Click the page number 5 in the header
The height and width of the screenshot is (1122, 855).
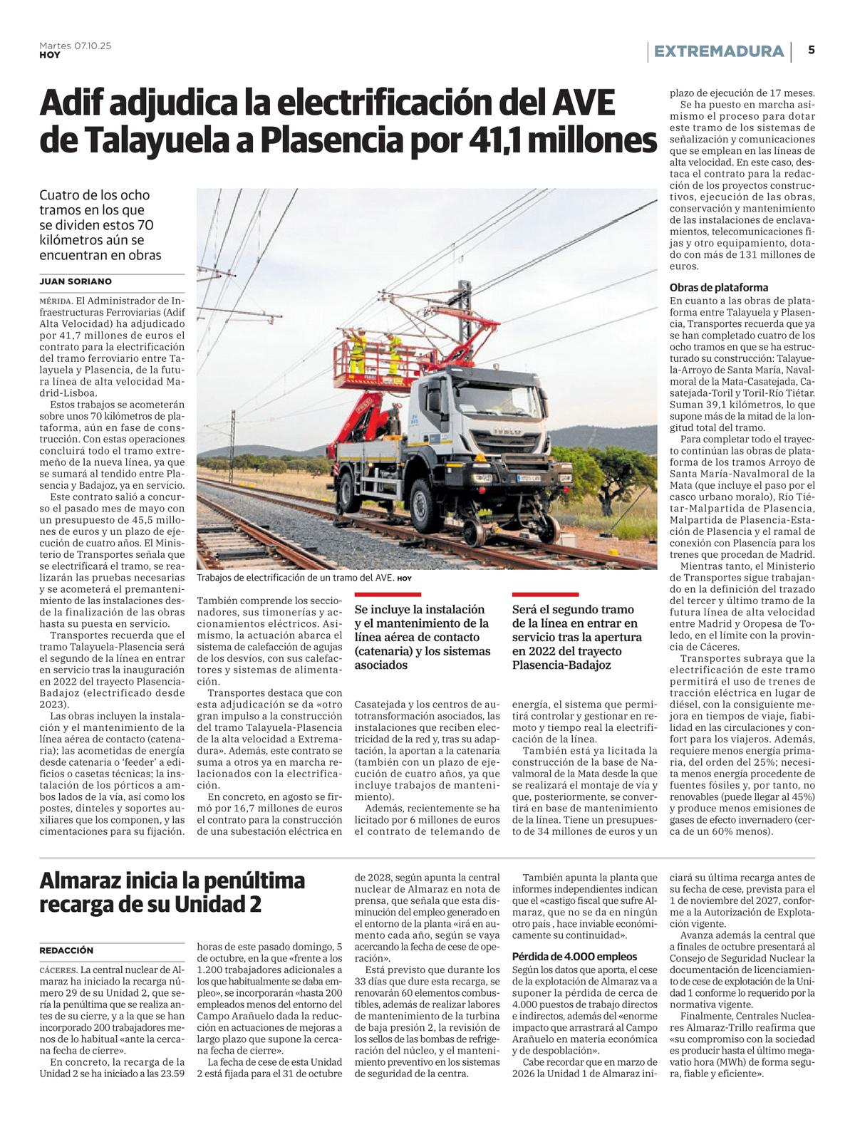[812, 51]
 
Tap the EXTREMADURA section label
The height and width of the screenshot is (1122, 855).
[718, 51]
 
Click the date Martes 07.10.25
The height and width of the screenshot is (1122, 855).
[75, 46]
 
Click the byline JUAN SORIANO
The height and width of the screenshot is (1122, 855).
[76, 281]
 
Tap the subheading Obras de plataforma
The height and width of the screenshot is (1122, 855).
[718, 288]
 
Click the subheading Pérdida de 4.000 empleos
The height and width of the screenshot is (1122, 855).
[574, 957]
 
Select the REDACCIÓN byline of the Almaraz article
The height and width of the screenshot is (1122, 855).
[66, 950]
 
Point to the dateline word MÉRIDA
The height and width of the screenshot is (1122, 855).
[56, 301]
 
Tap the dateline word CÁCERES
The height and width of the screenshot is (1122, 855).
[58, 970]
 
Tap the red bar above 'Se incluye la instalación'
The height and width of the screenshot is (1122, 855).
[388, 594]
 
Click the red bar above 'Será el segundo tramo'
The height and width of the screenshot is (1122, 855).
[545, 594]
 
